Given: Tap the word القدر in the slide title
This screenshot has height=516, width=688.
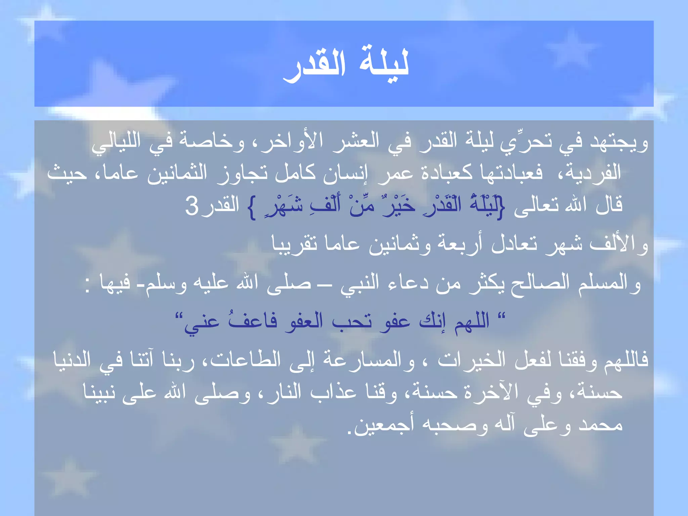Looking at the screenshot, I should click(314, 66).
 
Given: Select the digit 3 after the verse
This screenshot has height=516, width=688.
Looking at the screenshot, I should click(192, 206).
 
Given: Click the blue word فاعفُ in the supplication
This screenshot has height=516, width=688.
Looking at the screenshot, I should click(252, 321).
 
